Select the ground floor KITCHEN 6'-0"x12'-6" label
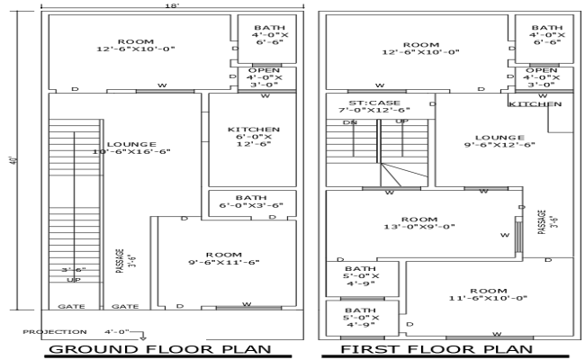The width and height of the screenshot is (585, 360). [254, 136]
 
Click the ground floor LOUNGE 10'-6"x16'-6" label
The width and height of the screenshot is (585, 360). [131, 148]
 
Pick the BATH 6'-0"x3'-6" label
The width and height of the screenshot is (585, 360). [251, 202]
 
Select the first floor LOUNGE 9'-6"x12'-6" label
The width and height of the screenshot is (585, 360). [499, 139]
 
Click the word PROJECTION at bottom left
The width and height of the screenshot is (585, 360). [56, 332]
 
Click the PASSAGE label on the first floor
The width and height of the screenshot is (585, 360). [543, 221]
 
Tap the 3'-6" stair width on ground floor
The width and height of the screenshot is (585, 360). [75, 270]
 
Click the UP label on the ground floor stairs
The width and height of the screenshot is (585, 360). [75, 280]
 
